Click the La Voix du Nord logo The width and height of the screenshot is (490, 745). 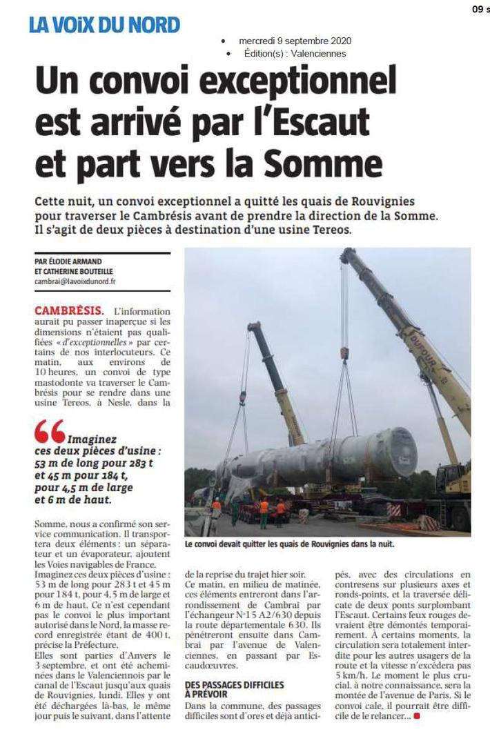tap(104, 25)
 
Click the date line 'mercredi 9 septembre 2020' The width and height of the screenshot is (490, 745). tap(295, 41)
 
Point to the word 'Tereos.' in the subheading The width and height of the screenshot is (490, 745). tap(329, 230)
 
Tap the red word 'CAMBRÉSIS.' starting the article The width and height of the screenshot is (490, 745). tap(70, 310)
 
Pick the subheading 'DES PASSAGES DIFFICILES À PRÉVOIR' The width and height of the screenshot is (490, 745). tap(234, 690)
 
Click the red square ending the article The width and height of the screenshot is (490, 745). tap(416, 717)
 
